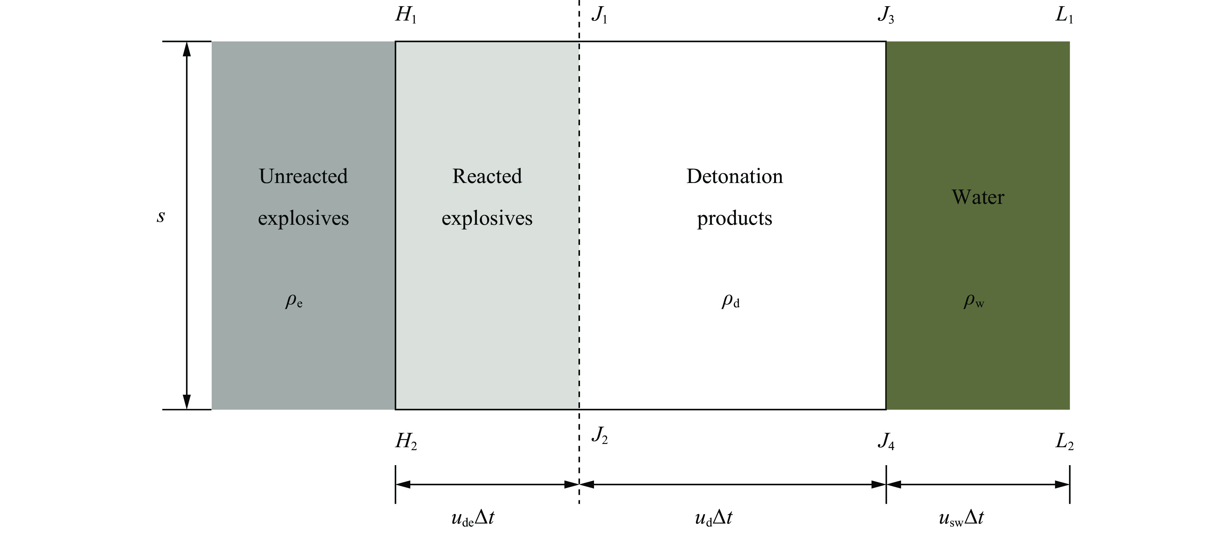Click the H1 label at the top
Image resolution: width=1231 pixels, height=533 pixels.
(x=406, y=15)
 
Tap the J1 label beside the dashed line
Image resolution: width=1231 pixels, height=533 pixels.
(x=599, y=15)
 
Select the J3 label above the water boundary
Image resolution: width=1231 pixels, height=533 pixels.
(x=885, y=15)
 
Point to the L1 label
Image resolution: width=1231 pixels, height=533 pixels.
(x=1064, y=15)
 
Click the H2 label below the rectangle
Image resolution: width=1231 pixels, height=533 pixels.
(x=406, y=441)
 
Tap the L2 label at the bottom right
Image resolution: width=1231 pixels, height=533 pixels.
(x=1065, y=441)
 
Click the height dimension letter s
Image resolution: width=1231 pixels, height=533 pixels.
(x=161, y=217)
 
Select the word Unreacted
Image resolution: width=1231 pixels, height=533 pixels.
(x=304, y=176)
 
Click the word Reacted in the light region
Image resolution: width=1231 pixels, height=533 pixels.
(x=487, y=176)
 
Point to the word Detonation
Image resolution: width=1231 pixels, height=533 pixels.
(x=734, y=176)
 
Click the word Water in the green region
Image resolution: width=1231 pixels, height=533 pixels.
(x=978, y=197)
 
